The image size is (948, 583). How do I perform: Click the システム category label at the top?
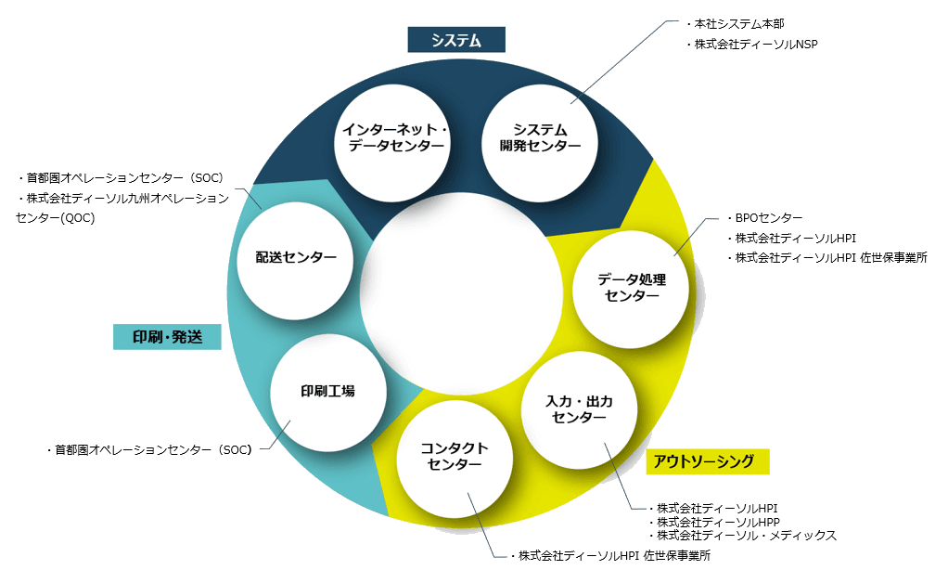pyautogui.click(x=455, y=40)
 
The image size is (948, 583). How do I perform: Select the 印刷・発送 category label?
pyautogui.click(x=167, y=336)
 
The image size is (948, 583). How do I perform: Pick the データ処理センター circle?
pyautogui.click(x=631, y=287)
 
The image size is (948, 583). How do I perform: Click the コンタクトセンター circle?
pyautogui.click(x=455, y=457)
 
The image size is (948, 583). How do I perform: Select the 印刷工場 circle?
pyautogui.click(x=327, y=391)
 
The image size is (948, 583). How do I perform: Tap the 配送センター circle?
pyautogui.click(x=296, y=257)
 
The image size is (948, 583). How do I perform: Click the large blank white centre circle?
pyautogui.click(x=461, y=288)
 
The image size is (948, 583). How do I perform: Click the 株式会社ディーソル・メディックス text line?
pyautogui.click(x=748, y=536)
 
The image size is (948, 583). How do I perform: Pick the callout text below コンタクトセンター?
pyautogui.click(x=613, y=556)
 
